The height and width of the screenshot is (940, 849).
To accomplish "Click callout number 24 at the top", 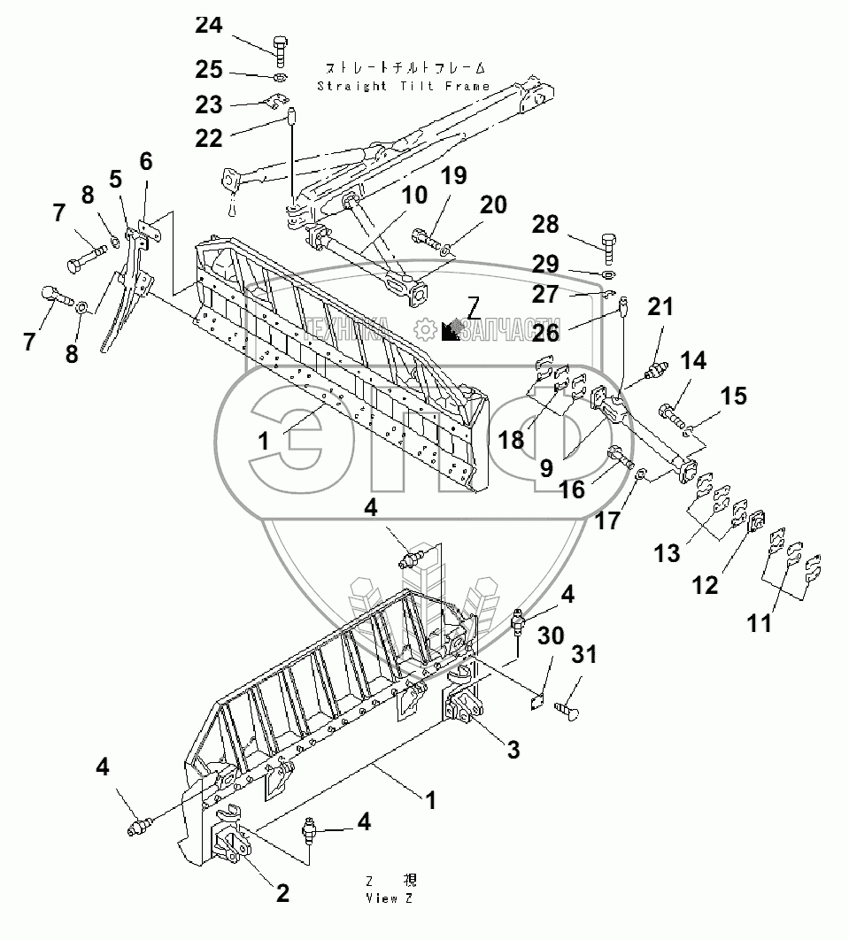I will tap(209, 26).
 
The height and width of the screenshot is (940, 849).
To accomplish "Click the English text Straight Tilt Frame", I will tap(403, 86).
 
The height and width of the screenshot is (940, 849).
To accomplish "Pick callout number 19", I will tap(452, 175).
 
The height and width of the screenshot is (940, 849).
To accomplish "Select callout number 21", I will tap(660, 307).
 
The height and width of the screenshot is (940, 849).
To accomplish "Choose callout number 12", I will tap(705, 585).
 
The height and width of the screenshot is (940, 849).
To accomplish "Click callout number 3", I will tap(513, 751).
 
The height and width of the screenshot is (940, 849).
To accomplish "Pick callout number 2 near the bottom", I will tap(282, 893).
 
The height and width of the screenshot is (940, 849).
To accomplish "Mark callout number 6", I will tap(146, 162).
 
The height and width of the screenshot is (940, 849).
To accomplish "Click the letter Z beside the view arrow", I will tap(474, 307).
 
